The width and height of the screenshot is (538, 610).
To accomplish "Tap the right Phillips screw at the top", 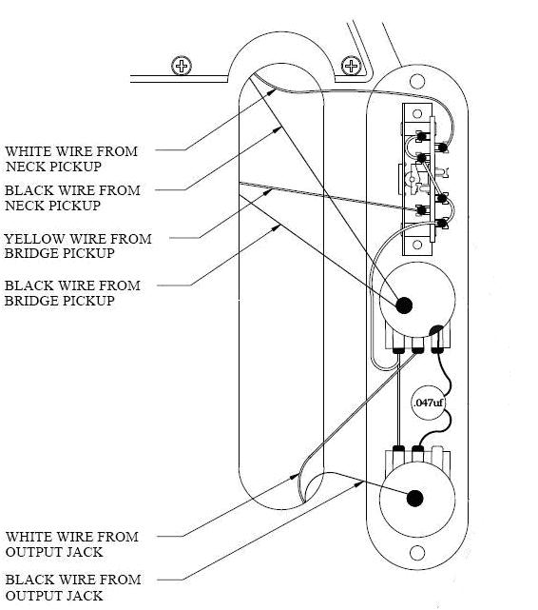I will coord(352,66).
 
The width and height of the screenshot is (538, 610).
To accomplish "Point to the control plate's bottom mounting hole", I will coord(415,553).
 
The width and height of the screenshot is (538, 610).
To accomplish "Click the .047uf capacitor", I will coord(428,403).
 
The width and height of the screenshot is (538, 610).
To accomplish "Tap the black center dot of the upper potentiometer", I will coord(404,305).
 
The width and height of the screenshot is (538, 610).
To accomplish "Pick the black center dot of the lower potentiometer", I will coord(413,498).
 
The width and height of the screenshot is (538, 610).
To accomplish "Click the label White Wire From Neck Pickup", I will coord(71,159).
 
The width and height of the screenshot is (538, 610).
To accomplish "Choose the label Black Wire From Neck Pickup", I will coord(72,198).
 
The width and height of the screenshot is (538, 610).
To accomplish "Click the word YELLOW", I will coord(32,239).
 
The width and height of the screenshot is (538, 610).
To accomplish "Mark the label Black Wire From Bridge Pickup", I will coord(72,293).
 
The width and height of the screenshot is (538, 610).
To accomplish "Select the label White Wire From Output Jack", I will coord(72,544).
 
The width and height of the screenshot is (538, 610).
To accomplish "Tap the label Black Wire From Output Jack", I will coord(72,587).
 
